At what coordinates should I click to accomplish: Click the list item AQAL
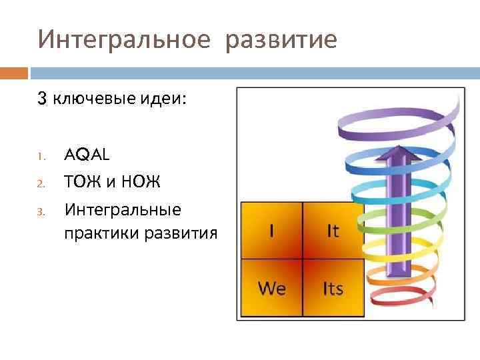click(87, 155)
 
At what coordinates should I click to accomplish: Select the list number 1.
click(41, 157)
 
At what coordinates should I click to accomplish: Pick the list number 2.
click(41, 183)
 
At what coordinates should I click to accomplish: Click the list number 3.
click(41, 213)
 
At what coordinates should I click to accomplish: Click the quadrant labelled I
click(271, 231)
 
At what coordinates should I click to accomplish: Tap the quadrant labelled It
click(333, 231)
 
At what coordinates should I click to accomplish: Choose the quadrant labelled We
click(271, 288)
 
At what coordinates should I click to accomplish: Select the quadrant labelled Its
click(333, 288)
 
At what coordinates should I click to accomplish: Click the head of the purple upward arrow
click(397, 152)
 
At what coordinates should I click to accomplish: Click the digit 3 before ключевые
click(42, 99)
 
